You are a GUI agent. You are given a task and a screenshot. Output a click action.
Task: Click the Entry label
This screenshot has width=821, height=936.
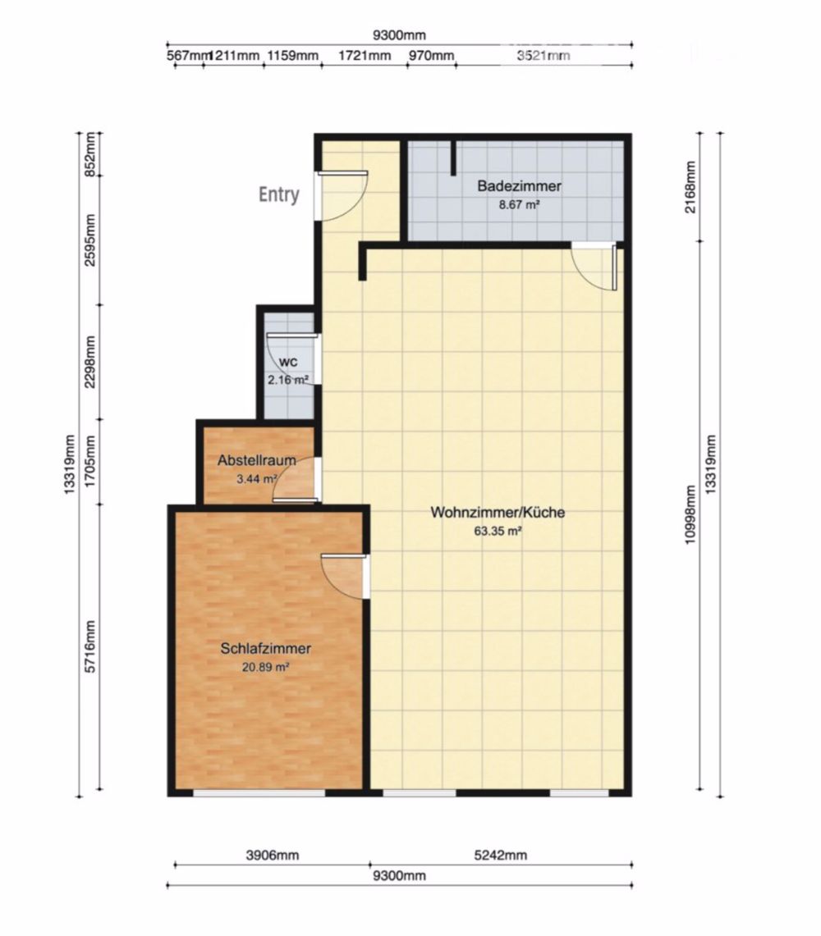(279, 195)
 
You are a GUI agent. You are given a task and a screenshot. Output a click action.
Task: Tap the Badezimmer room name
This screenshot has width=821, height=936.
(519, 187)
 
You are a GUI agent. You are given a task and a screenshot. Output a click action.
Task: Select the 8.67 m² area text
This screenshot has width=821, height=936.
(519, 205)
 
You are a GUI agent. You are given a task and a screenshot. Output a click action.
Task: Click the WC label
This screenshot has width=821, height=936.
(287, 363)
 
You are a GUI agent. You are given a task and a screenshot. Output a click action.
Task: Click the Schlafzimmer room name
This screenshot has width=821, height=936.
(266, 649)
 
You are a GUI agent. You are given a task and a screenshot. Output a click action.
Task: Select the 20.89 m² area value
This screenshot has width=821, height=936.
(266, 667)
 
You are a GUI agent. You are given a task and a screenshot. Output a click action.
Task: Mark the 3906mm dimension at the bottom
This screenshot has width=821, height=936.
(273, 856)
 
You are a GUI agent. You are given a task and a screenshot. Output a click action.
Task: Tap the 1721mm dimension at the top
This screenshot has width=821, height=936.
(365, 56)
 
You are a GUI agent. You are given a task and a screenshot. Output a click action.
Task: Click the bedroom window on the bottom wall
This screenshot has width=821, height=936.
(259, 793)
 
